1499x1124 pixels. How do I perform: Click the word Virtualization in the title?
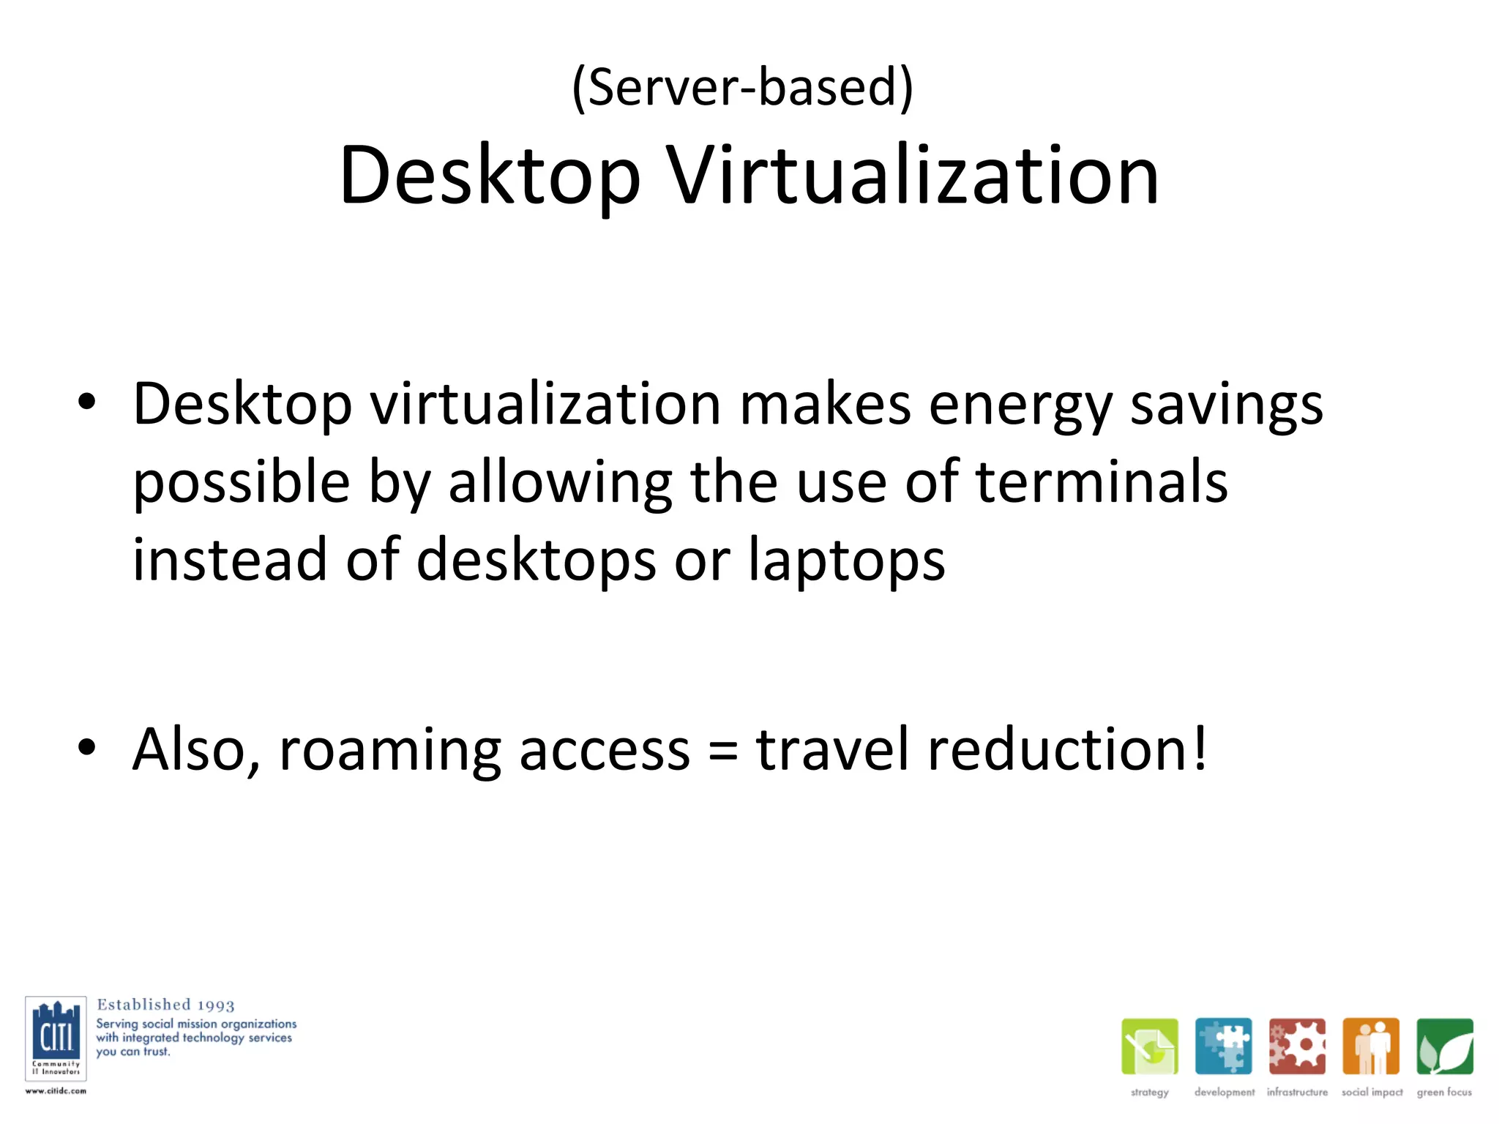(x=912, y=176)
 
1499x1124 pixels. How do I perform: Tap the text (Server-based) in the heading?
(x=742, y=87)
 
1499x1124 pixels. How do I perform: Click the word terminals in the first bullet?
(x=1102, y=482)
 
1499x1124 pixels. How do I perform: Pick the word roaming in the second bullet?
(x=390, y=750)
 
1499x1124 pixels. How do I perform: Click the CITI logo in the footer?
(x=56, y=1038)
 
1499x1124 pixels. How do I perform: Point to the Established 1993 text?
(x=165, y=1005)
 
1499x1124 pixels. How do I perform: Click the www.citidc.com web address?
(x=56, y=1091)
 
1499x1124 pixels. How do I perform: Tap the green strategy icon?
(x=1149, y=1046)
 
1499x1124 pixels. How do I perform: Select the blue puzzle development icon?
(x=1223, y=1046)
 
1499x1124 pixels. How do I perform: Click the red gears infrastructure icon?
(x=1297, y=1046)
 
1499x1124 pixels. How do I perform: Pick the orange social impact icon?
(x=1371, y=1046)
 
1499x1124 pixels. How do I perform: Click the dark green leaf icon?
(x=1444, y=1046)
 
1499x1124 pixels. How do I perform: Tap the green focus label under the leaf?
(x=1444, y=1093)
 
